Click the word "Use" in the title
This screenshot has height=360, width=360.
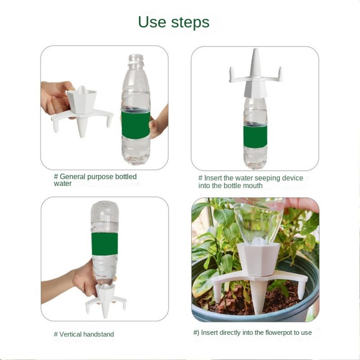coord(152,22)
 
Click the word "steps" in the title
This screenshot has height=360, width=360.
coord(190,23)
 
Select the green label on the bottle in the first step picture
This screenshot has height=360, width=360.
coord(136,125)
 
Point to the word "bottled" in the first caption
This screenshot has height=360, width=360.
coord(126,176)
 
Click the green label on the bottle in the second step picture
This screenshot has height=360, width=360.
coord(255,137)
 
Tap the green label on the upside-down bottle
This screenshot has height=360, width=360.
coord(105,244)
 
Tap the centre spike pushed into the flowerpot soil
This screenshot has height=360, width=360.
coord(259,296)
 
